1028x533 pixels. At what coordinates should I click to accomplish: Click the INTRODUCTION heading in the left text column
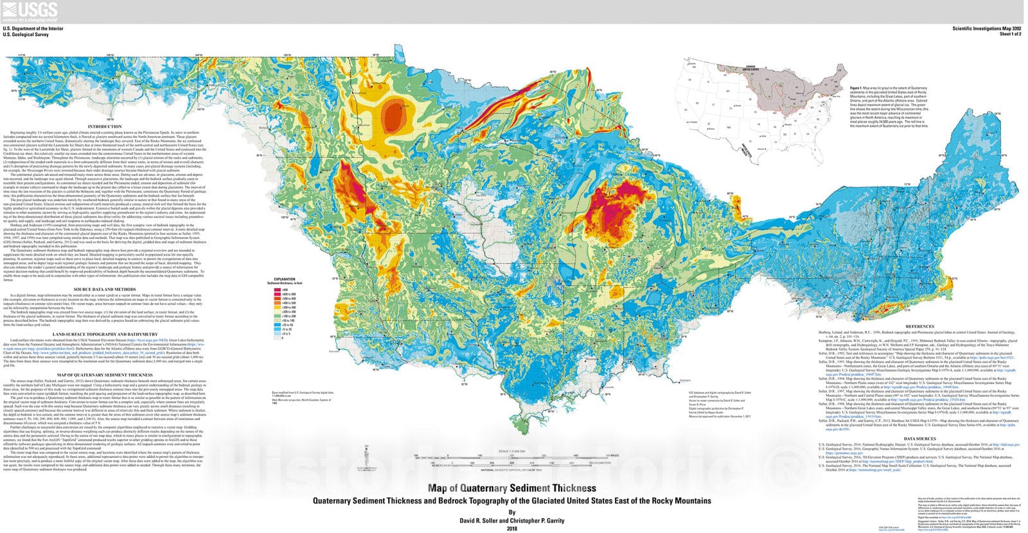tap(105, 127)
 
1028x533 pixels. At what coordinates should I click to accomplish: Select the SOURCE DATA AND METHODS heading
tap(105, 290)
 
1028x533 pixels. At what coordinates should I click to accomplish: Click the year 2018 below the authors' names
tap(511, 529)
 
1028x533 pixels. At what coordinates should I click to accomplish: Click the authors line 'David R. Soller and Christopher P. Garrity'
tap(511, 520)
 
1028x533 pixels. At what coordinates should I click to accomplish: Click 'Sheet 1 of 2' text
tap(1006, 35)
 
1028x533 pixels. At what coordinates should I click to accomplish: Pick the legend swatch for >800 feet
tap(278, 290)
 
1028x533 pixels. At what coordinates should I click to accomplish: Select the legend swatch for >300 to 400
tap(278, 307)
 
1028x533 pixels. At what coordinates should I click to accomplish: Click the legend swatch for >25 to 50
tap(278, 325)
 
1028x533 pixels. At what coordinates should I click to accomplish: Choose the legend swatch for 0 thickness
tap(278, 338)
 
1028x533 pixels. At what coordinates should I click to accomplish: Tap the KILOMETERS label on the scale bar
tap(603, 462)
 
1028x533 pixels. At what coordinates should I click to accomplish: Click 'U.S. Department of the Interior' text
tap(31, 29)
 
